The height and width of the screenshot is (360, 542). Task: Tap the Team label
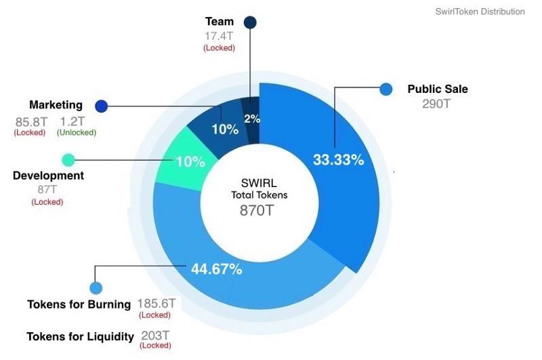[x=220, y=22]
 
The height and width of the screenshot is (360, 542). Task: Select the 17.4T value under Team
[x=219, y=35]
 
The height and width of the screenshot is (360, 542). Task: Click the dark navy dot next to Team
[x=250, y=23]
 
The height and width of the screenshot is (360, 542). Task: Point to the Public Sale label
[x=437, y=89]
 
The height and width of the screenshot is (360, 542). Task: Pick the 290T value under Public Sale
[x=436, y=104]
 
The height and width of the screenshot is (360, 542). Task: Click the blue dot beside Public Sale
[x=386, y=89]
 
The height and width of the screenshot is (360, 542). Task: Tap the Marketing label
[x=56, y=105]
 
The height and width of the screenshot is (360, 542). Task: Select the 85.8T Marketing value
[x=30, y=122]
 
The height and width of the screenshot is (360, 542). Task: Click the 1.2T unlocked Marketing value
[x=72, y=122]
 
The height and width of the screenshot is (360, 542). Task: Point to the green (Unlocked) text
[x=77, y=133]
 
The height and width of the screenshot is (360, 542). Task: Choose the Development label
[x=48, y=176]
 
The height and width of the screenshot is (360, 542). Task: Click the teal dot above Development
[x=68, y=160]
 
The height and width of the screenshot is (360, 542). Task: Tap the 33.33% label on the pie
[x=338, y=160]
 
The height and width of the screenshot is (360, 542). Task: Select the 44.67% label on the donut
[x=216, y=269]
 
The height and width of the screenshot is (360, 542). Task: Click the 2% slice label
[x=252, y=119]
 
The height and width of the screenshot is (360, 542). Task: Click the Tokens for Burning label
[x=79, y=304]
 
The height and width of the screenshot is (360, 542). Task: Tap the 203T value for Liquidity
[x=155, y=335]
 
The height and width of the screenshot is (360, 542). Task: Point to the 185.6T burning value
[x=157, y=303]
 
